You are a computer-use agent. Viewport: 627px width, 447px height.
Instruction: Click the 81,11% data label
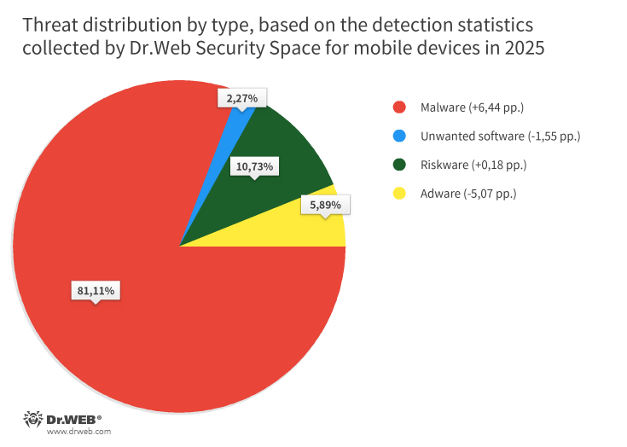[96, 291]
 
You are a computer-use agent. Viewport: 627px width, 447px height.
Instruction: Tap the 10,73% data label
[254, 166]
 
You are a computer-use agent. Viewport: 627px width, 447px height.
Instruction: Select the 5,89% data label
[325, 205]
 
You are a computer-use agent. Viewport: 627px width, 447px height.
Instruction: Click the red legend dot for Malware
[398, 107]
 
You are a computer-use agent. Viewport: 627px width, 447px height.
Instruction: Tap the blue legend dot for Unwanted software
[398, 136]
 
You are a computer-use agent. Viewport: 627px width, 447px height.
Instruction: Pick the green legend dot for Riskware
[398, 165]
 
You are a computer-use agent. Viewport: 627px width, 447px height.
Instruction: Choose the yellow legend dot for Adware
[398, 194]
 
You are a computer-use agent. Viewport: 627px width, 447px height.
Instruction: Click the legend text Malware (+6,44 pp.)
[472, 107]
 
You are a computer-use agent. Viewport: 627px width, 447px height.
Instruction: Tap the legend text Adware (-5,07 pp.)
[468, 194]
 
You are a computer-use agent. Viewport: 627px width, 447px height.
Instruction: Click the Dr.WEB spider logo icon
[32, 420]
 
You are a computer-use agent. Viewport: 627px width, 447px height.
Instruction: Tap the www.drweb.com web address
[78, 432]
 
